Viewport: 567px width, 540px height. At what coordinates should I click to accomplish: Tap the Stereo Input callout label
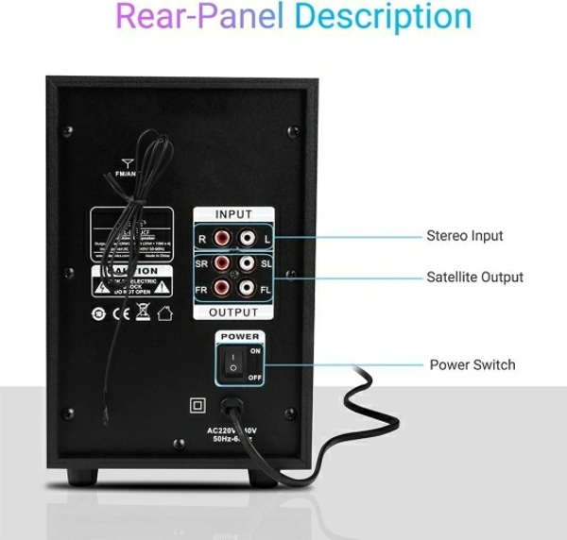coord(464,236)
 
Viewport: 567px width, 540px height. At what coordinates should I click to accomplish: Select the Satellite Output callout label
coord(474,278)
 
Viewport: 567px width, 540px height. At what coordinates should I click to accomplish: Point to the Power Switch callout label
coord(472,364)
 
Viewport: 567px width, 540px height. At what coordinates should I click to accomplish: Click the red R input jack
coord(223,240)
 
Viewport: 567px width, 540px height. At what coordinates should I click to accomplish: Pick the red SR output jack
coord(223,263)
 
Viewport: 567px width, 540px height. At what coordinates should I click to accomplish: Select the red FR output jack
coord(223,287)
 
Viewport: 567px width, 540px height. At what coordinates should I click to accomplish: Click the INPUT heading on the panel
coord(234,215)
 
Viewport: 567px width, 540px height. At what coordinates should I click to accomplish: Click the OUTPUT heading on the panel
coord(233,312)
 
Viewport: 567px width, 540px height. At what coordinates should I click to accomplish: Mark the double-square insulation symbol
coord(198,405)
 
